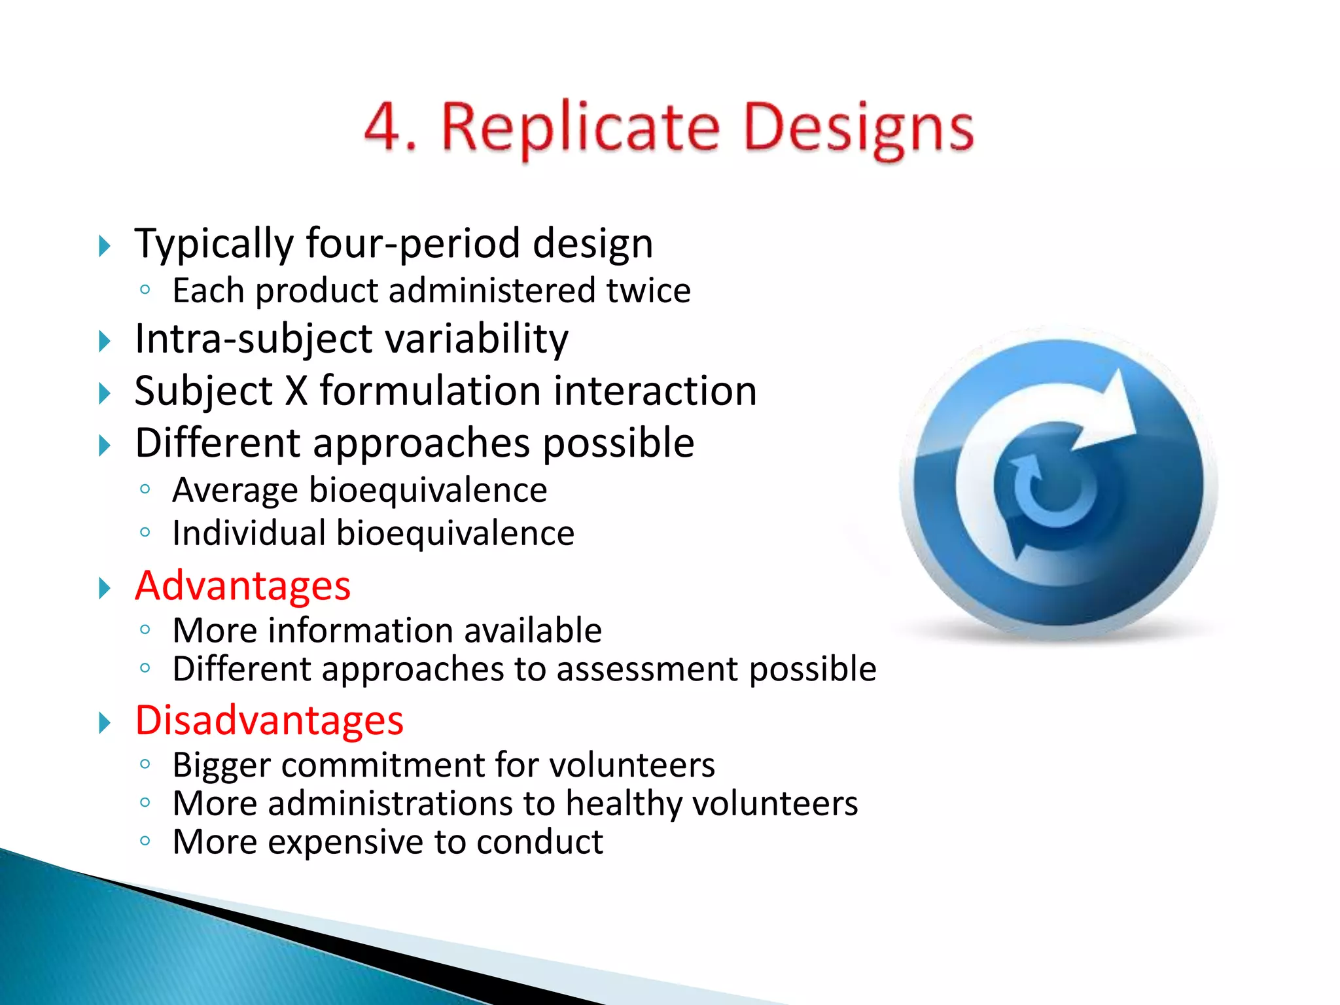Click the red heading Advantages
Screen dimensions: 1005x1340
point(243,586)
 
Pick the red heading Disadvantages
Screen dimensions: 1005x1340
point(269,720)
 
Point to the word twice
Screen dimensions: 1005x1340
point(648,291)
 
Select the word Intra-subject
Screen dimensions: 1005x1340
point(251,339)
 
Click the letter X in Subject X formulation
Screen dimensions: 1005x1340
point(296,391)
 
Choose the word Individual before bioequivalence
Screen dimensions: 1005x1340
point(249,533)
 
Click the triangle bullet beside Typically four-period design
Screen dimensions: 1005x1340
point(105,247)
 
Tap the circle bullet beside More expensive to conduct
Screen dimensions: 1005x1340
point(145,841)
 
